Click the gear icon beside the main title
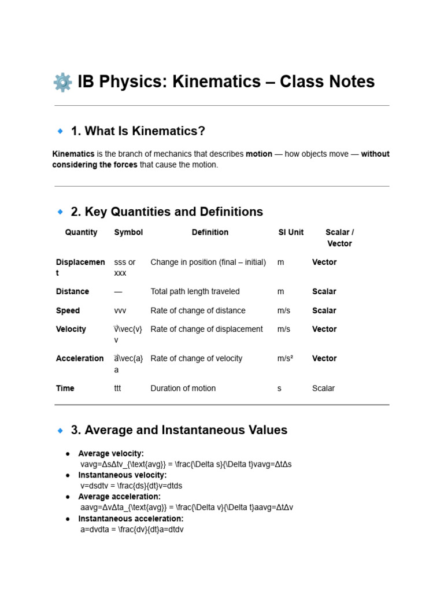coord(62,82)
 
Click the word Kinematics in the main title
coord(221,82)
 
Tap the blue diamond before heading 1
coord(60,131)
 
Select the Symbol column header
coord(128,232)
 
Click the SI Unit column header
coord(291,232)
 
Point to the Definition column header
coord(210,232)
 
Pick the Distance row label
coord(72,291)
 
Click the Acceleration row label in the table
coord(80,358)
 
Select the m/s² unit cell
coord(285,358)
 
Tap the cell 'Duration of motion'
coord(183,388)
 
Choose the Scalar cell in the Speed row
coord(324,310)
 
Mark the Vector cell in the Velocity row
coord(324,329)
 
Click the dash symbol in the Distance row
coord(118,291)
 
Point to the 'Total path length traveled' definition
coord(195,291)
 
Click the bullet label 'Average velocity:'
coord(111,453)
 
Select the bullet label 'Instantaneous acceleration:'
coord(131,519)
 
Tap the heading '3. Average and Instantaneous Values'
coord(179,430)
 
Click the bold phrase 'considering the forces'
coord(95,165)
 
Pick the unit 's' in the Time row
coord(279,388)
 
